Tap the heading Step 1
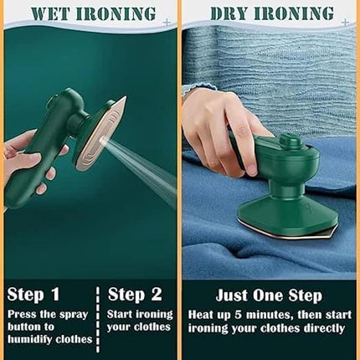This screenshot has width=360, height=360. (x=34, y=294)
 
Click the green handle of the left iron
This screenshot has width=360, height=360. (x=46, y=126)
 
